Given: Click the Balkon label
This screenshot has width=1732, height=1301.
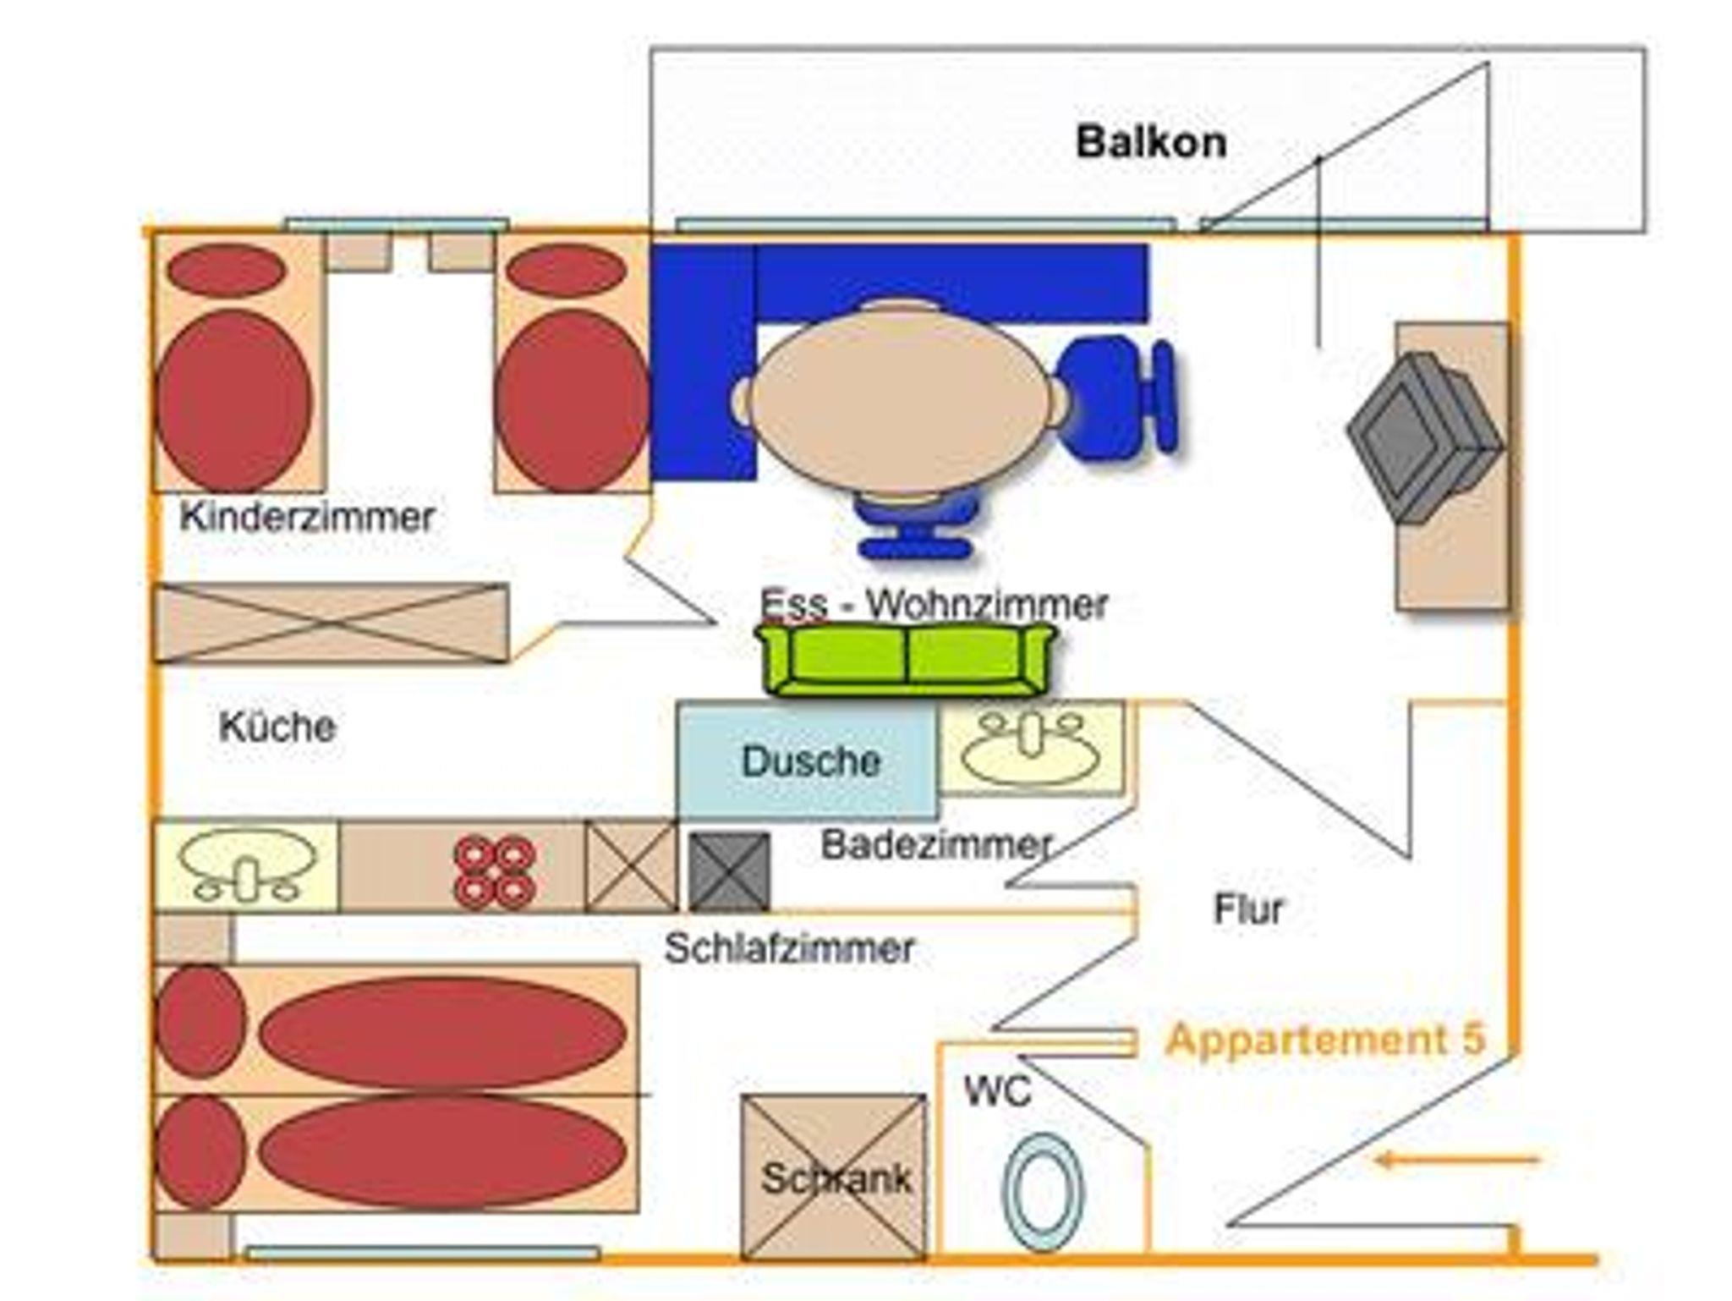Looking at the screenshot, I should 1150,142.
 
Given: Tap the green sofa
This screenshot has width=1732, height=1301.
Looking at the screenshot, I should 907,660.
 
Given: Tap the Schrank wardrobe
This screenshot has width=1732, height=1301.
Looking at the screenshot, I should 834,1176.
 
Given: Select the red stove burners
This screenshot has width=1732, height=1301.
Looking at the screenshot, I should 494,871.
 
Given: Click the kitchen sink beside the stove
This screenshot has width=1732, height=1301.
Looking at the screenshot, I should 245,865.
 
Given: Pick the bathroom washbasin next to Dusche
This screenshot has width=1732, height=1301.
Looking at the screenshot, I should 1032,748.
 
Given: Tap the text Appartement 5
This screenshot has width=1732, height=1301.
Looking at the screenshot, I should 1324,1040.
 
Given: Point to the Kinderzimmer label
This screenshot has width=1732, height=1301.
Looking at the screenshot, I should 307,517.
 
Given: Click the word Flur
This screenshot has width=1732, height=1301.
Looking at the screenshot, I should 1248,909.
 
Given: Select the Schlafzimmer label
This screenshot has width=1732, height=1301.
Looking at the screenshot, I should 788,948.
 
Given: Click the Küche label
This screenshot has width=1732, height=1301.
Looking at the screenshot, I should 277,727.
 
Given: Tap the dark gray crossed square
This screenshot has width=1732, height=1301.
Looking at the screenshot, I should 729,871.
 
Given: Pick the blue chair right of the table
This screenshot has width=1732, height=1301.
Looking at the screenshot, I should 1116,398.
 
